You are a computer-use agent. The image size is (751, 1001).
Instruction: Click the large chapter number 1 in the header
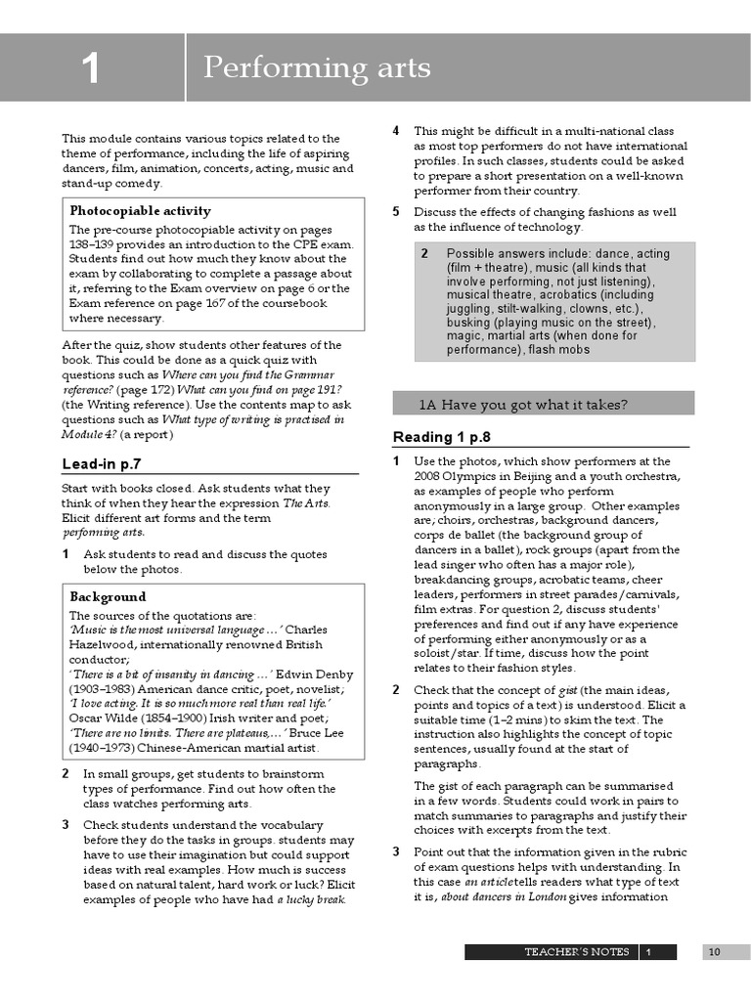click(x=91, y=68)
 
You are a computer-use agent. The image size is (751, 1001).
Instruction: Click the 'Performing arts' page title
click(x=316, y=67)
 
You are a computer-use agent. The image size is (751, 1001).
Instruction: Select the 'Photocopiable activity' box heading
click(x=140, y=210)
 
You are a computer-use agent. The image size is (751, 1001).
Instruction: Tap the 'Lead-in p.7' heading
click(x=108, y=463)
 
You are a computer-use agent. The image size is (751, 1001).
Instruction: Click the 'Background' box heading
click(x=108, y=596)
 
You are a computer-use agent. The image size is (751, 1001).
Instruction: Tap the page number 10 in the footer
click(x=714, y=951)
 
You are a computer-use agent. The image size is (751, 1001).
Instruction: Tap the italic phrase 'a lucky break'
click(x=311, y=899)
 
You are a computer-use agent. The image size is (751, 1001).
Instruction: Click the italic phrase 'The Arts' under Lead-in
click(x=306, y=502)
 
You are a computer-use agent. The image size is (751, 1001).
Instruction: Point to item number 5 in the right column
click(x=396, y=211)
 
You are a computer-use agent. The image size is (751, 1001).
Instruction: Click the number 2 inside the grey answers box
click(x=424, y=253)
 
